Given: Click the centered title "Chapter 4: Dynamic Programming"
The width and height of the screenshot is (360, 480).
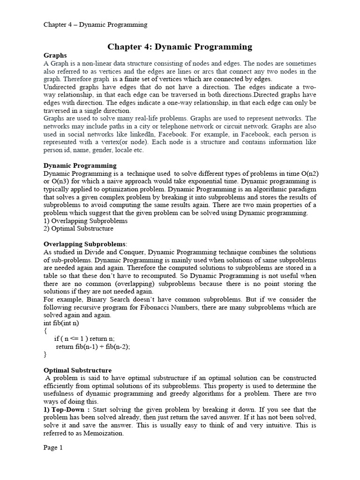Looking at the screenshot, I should tap(180, 46).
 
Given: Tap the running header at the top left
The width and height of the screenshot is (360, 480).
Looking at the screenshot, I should tap(95, 24).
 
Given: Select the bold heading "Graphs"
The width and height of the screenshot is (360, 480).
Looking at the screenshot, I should tap(55, 55).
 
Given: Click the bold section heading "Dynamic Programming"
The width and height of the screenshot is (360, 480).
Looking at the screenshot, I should tap(80, 165).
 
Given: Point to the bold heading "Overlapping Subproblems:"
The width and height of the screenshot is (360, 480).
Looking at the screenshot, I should tap(85, 244).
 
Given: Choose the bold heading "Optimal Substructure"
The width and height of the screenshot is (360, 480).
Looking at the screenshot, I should tap(77, 370).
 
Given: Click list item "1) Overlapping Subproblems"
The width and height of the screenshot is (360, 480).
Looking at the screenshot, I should tap(85, 220).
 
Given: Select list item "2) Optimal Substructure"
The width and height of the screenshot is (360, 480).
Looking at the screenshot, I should tap(78, 228).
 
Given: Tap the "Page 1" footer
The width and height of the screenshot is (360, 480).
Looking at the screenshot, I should tap(53, 448).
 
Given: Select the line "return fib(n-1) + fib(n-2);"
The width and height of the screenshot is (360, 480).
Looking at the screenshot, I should tap(93, 346).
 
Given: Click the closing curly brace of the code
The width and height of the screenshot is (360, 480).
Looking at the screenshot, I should tap(45, 354).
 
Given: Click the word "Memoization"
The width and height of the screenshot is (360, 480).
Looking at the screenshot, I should tap(103, 434).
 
